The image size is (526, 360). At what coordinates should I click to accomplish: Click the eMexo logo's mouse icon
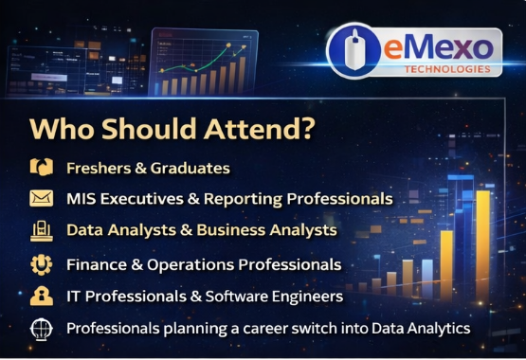[x=355, y=51]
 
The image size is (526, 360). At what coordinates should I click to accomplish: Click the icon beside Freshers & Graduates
[x=40, y=168]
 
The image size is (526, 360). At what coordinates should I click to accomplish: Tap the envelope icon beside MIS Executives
[x=40, y=199]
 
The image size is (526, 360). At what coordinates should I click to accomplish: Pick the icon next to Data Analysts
[x=40, y=230]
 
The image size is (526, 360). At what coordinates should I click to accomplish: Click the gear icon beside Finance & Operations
[x=40, y=263]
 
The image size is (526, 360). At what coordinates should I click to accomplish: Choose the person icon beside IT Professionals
[x=40, y=296]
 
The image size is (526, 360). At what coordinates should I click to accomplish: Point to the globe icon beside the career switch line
[x=40, y=329]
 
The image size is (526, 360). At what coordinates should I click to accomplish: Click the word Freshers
[x=98, y=168]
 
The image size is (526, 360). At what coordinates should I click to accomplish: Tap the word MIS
[x=82, y=199]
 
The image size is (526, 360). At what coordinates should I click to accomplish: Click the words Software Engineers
[x=286, y=296]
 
